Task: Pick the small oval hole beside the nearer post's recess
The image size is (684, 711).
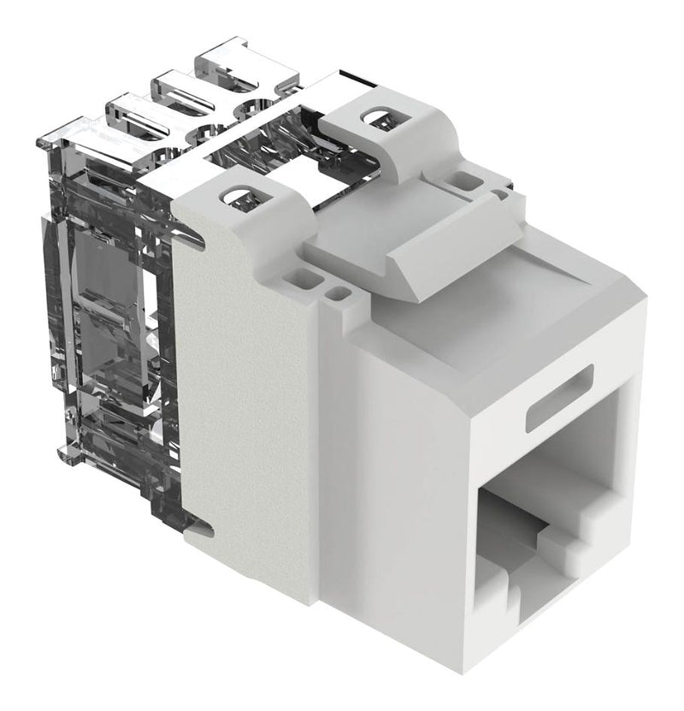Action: [339, 295]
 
